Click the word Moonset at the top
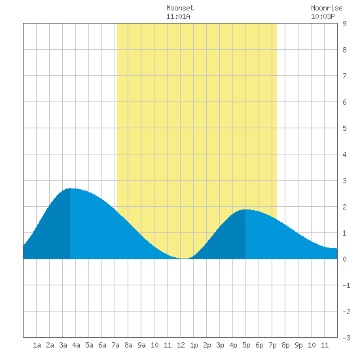pyautogui.click(x=180, y=8)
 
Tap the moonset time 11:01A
pyautogui.click(x=178, y=16)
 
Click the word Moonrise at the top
pyautogui.click(x=327, y=8)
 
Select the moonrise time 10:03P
pyautogui.click(x=323, y=16)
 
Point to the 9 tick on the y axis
pyautogui.click(x=344, y=24)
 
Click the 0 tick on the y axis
pyautogui.click(x=344, y=259)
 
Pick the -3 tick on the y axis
pyautogui.click(x=346, y=338)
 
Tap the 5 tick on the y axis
pyautogui.click(x=344, y=128)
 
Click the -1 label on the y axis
pyautogui.click(x=346, y=285)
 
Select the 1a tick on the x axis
pyautogui.click(x=37, y=345)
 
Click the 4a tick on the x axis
pyautogui.click(x=76, y=345)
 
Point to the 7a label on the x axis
pyautogui.click(x=115, y=345)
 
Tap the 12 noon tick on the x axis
pyautogui.click(x=181, y=345)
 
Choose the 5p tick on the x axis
pyautogui.click(x=246, y=345)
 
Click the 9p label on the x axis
pyautogui.click(x=298, y=345)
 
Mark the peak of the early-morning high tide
pyautogui.click(x=70, y=189)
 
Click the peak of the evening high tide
pyautogui.click(x=245, y=209)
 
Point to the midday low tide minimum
pyautogui.click(x=184, y=259)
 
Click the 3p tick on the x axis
pyautogui.click(x=220, y=345)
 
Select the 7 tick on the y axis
pyautogui.click(x=344, y=76)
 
